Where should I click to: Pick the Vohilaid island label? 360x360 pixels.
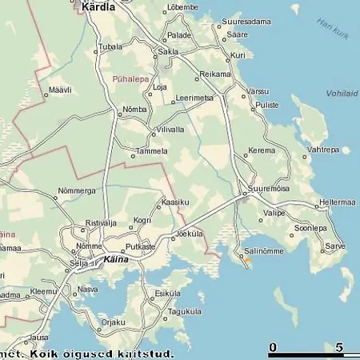pyautogui.click(x=342, y=93)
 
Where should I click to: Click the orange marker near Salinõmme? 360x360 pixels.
pyautogui.click(x=247, y=260)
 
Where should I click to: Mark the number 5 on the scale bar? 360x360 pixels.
pyautogui.click(x=341, y=347)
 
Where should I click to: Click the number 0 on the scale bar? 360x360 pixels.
pyautogui.click(x=273, y=347)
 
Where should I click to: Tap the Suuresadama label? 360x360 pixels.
pyautogui.click(x=246, y=22)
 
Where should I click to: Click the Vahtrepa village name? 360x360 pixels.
pyautogui.click(x=323, y=150)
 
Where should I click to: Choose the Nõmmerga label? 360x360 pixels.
pyautogui.click(x=76, y=191)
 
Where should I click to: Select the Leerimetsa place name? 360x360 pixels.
pyautogui.click(x=194, y=98)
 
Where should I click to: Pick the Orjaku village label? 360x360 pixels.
pyautogui.click(x=113, y=322)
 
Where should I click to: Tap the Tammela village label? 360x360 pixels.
pyautogui.click(x=151, y=150)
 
